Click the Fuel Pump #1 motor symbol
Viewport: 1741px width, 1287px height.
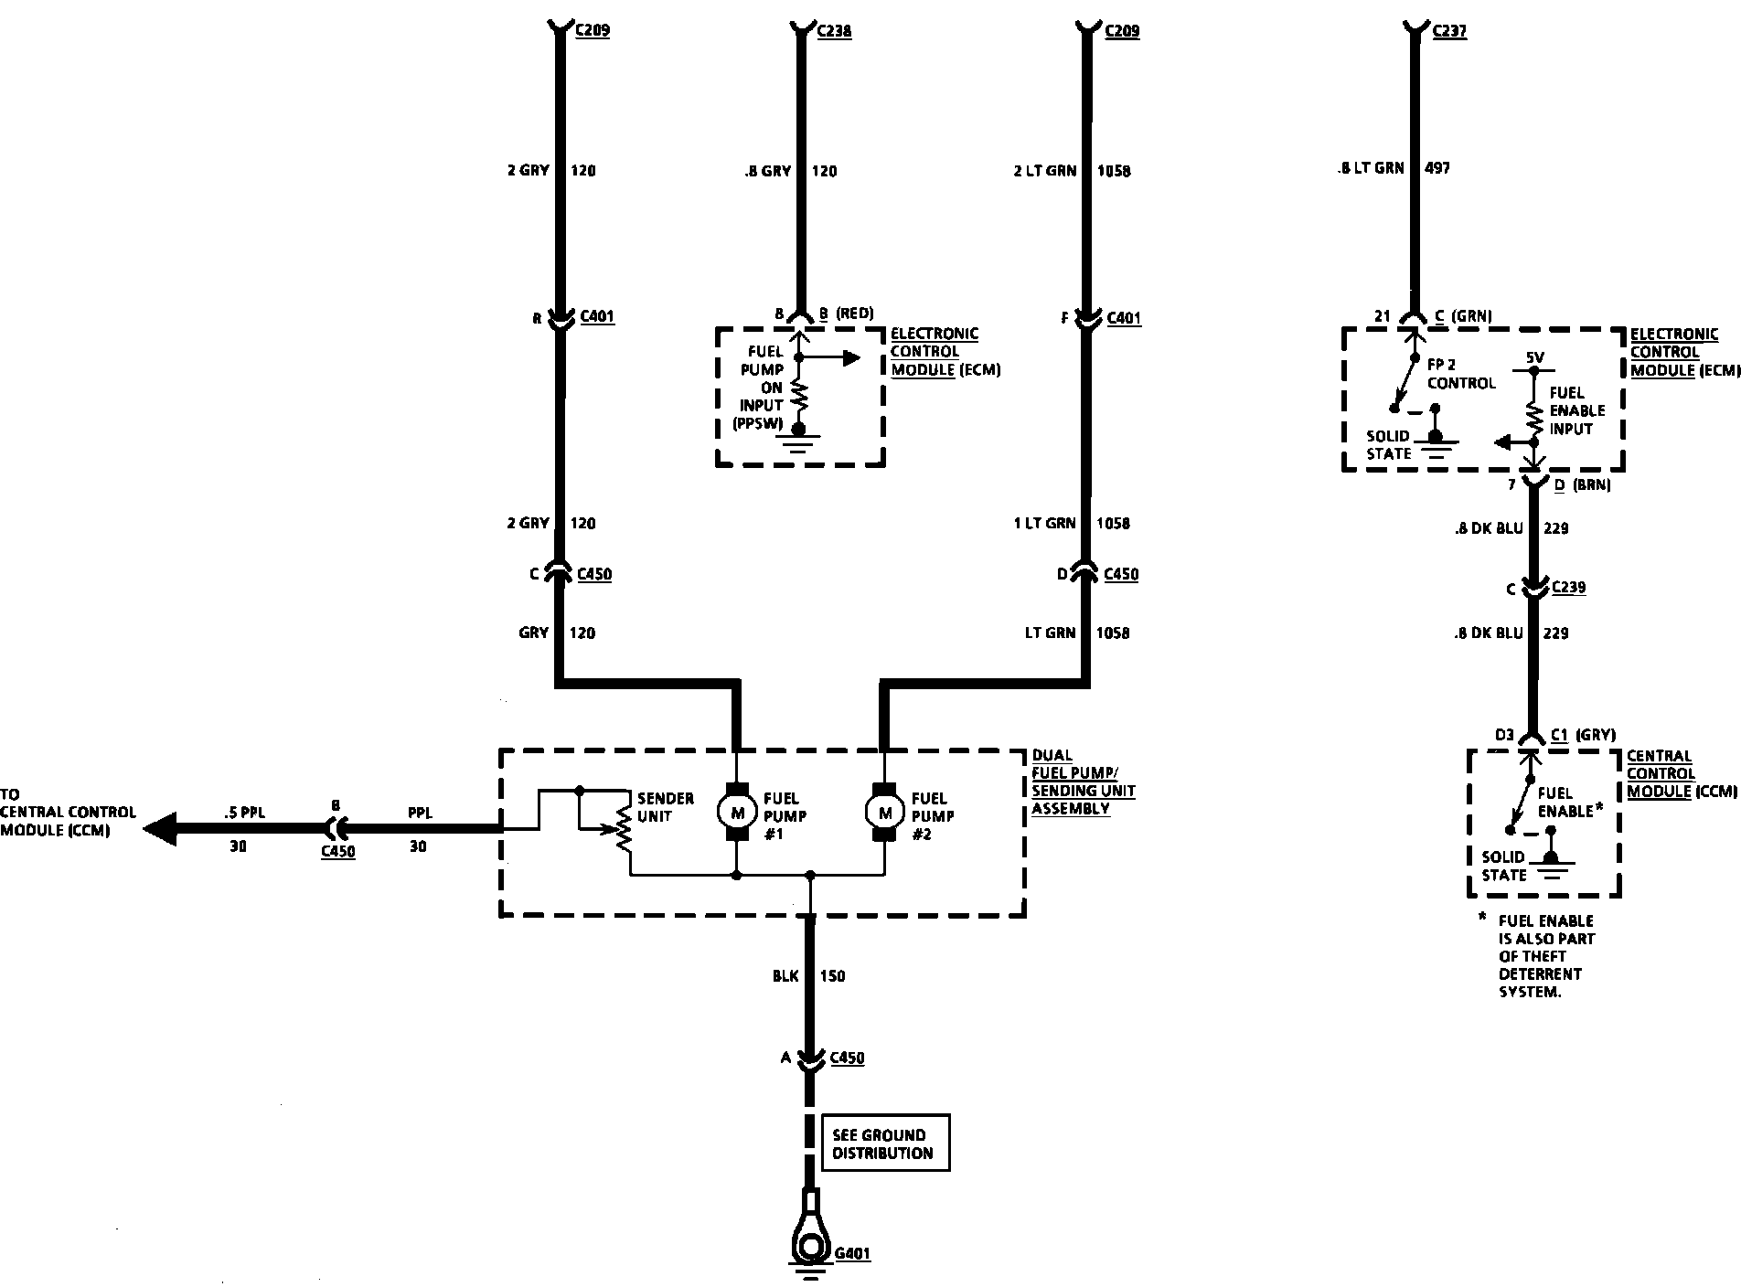pyautogui.click(x=736, y=811)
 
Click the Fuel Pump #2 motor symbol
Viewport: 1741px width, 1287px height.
pyautogui.click(x=884, y=811)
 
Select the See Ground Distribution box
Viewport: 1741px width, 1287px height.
pyautogui.click(x=885, y=1143)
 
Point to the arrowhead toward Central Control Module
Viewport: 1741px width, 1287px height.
pyautogui.click(x=160, y=829)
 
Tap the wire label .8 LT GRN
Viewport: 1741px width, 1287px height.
pyautogui.click(x=1371, y=168)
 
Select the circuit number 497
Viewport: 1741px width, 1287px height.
pyautogui.click(x=1437, y=168)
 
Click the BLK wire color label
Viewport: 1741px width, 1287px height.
pyautogui.click(x=785, y=976)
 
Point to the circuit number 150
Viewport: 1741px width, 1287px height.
pyautogui.click(x=832, y=976)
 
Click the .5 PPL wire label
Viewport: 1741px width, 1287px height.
pyautogui.click(x=243, y=813)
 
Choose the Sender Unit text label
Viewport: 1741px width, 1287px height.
pyautogui.click(x=665, y=807)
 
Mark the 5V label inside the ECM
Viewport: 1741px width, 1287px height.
pyautogui.click(x=1534, y=358)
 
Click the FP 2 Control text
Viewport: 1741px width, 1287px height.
pyautogui.click(x=1460, y=374)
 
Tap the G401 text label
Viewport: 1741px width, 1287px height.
pyautogui.click(x=852, y=1254)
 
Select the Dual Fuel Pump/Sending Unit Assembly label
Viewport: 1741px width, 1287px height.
pyautogui.click(x=1084, y=782)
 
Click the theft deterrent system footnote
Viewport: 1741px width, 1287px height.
pyautogui.click(x=1545, y=956)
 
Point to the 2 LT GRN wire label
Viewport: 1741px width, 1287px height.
pyautogui.click(x=1044, y=171)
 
